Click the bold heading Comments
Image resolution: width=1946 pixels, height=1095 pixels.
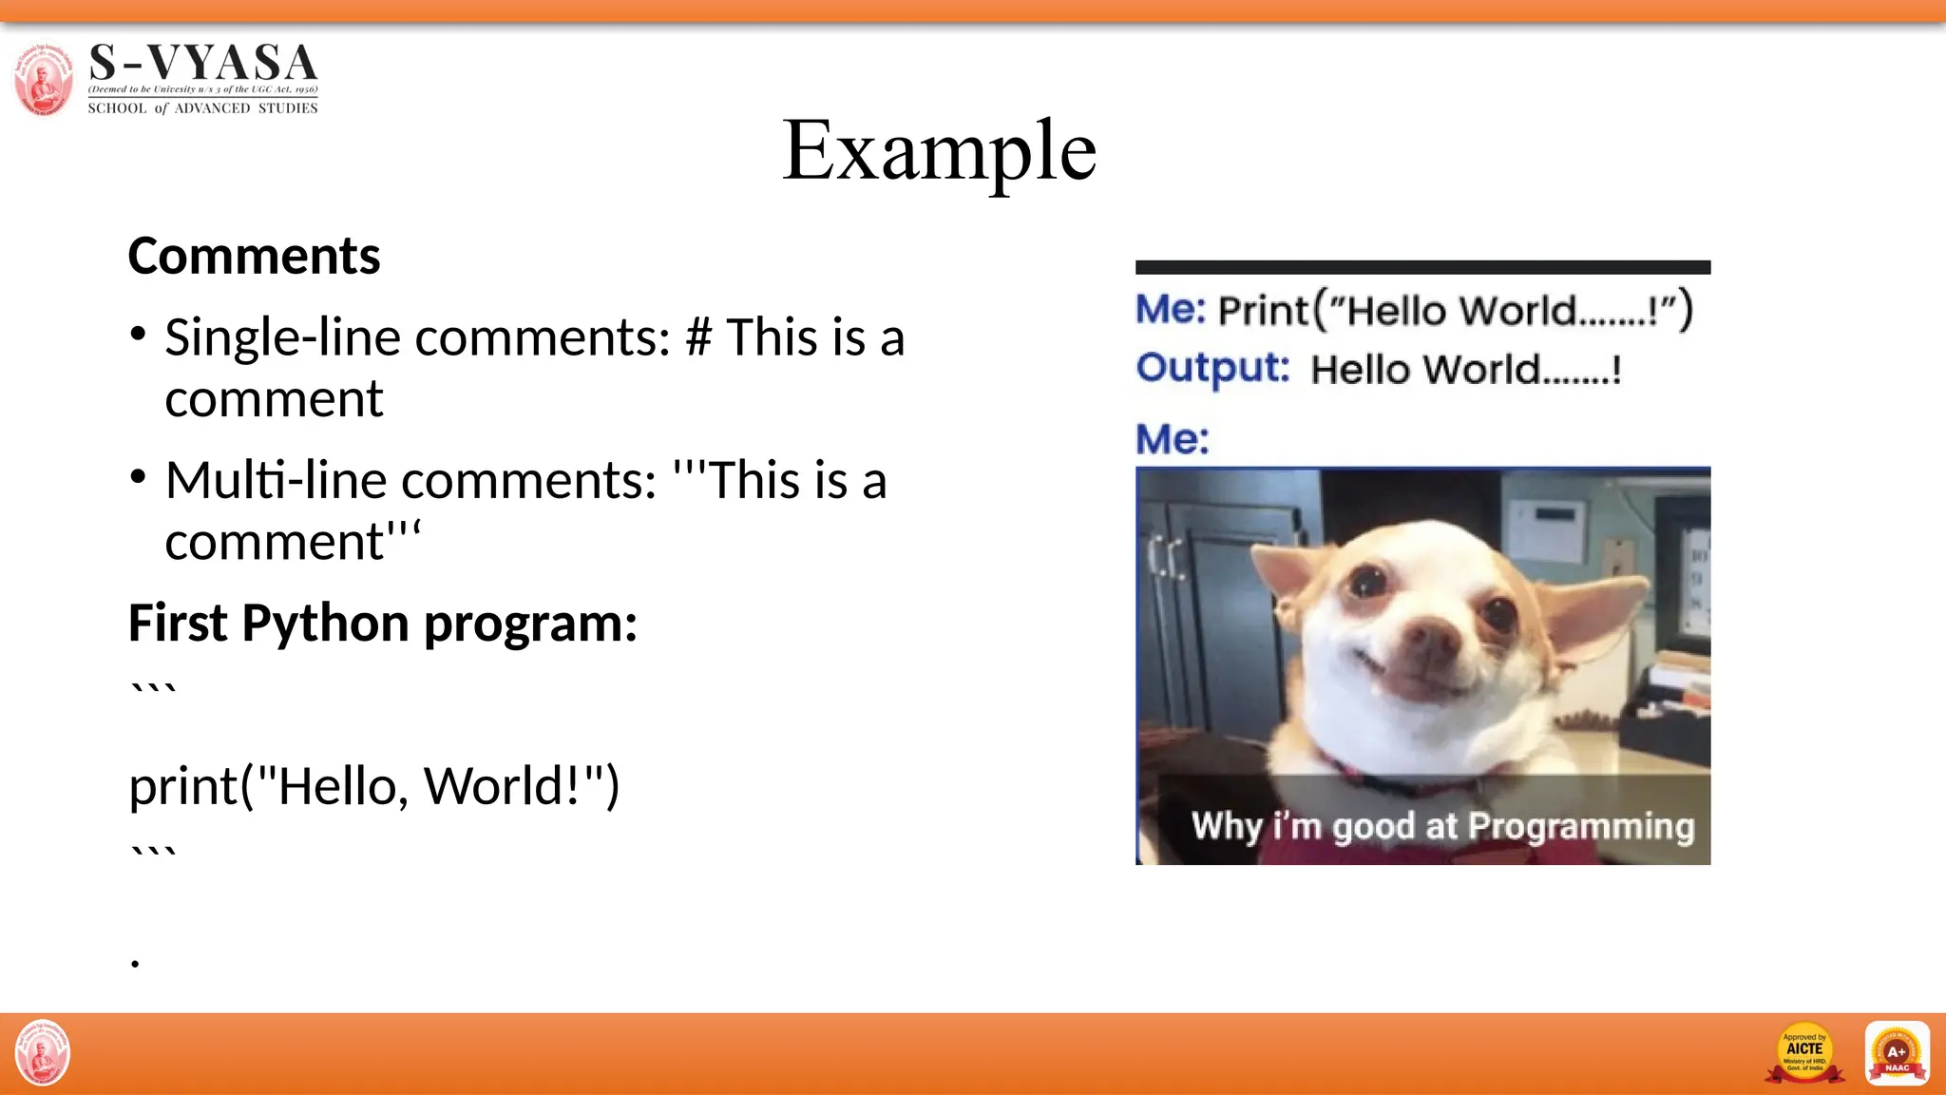[x=254, y=257]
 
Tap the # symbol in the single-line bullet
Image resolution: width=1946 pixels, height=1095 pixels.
[x=698, y=338]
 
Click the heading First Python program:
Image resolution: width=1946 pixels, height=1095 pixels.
[x=382, y=624]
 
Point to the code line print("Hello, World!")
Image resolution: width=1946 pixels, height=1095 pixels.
[x=373, y=786]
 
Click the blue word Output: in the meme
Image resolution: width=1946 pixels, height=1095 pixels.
[x=1212, y=368]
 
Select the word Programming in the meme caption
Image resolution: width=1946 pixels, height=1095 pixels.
[x=1581, y=826]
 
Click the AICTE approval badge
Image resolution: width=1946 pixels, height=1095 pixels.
[x=1803, y=1053]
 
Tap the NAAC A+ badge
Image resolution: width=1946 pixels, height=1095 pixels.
[x=1897, y=1053]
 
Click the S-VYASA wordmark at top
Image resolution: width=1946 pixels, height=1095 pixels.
[x=202, y=65]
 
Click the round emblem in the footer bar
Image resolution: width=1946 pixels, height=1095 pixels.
[x=43, y=1052]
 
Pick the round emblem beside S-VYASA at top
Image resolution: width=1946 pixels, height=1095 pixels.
[x=43, y=79]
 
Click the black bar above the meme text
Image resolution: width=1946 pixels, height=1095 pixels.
[x=1422, y=267]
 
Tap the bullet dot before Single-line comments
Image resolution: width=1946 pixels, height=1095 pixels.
[x=139, y=334]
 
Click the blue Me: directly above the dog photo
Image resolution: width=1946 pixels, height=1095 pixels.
[x=1173, y=439]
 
